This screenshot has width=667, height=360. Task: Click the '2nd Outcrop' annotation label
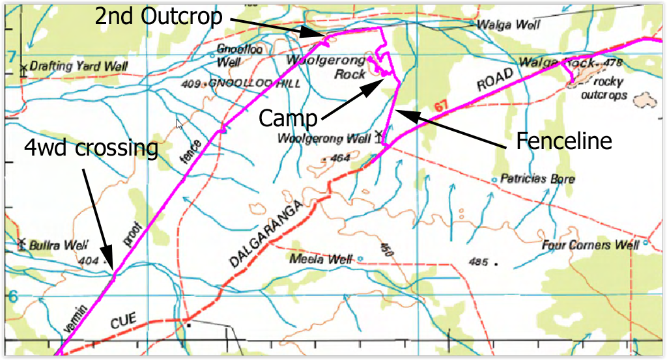(x=159, y=16)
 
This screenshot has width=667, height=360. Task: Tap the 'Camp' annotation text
(x=288, y=118)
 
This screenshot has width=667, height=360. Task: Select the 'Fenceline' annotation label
(x=564, y=141)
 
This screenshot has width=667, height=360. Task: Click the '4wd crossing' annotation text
(x=91, y=148)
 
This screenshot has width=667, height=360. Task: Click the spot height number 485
(x=479, y=262)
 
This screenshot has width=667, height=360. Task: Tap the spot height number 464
(x=340, y=158)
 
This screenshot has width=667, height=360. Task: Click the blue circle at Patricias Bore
(x=494, y=179)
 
